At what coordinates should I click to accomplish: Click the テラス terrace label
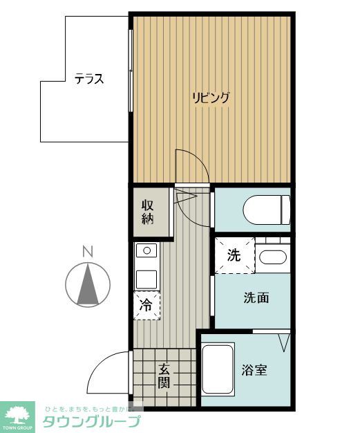click(x=89, y=79)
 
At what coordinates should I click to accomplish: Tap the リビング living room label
click(x=211, y=98)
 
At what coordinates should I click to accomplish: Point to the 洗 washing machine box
click(x=234, y=255)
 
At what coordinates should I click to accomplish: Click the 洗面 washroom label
click(x=256, y=298)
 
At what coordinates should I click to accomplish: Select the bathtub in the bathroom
click(x=218, y=370)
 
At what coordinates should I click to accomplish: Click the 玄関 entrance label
click(x=164, y=376)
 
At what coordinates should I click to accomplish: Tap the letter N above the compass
click(x=87, y=252)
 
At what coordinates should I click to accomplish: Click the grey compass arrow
click(x=88, y=286)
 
